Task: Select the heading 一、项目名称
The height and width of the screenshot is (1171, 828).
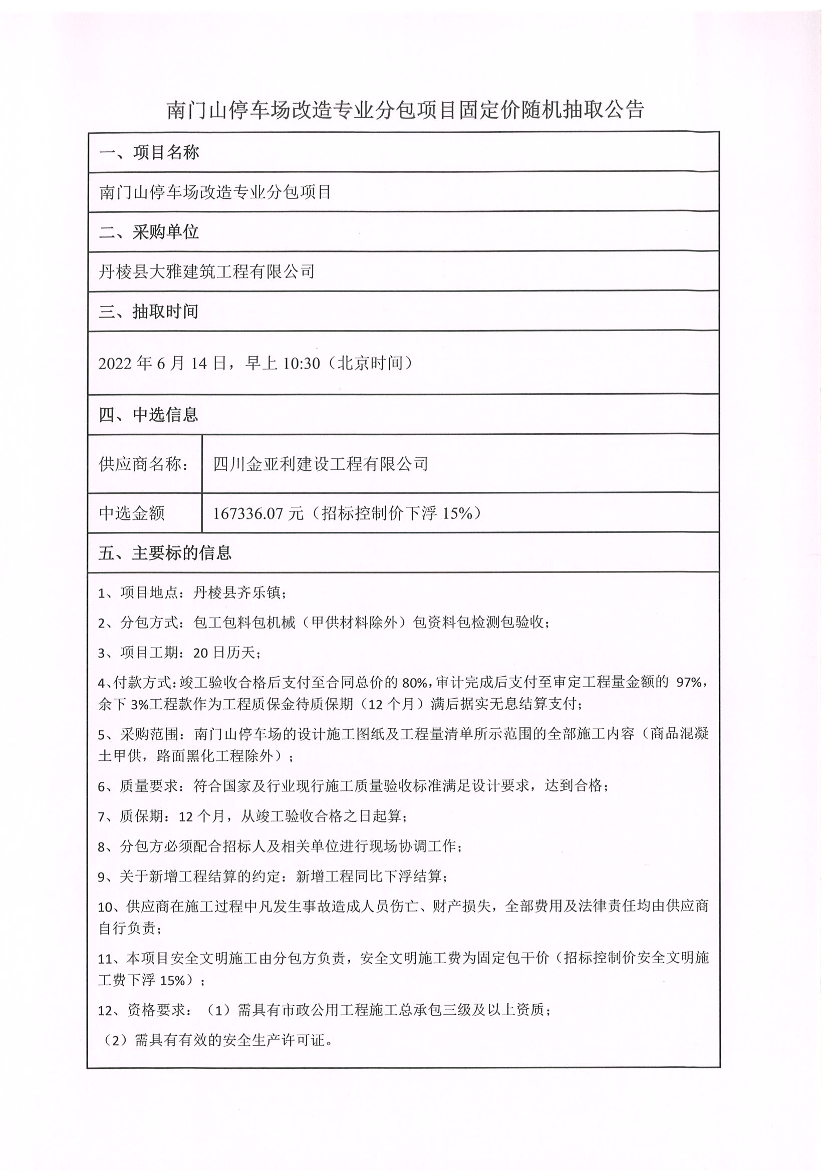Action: coord(148,152)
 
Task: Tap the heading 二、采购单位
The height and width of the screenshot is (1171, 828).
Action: coord(148,232)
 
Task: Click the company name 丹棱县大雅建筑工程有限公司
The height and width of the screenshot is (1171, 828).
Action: coord(206,271)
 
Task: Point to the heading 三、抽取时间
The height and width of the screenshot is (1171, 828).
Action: coord(148,311)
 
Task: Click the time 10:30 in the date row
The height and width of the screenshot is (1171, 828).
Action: coord(301,363)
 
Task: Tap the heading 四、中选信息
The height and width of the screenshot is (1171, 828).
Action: coord(148,414)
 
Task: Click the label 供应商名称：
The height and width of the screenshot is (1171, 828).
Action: coord(143,464)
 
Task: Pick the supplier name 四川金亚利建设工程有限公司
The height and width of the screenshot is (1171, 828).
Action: coord(321,464)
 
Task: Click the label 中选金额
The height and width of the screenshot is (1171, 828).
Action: coord(132,512)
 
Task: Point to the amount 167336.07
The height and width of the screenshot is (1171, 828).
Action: coord(247,513)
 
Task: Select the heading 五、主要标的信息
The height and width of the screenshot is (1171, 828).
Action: coord(165,553)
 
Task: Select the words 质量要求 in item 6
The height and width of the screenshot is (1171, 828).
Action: coord(149,786)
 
